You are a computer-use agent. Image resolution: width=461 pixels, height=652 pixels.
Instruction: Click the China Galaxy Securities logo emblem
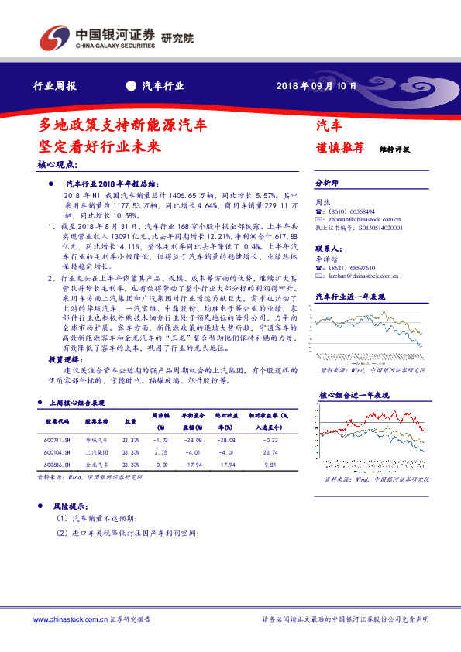pos(53,36)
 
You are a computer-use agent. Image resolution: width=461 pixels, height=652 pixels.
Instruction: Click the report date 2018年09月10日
pos(317,86)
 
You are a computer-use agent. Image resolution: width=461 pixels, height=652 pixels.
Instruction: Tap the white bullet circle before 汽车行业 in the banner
pos(130,86)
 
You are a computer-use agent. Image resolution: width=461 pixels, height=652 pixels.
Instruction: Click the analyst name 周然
pos(322,201)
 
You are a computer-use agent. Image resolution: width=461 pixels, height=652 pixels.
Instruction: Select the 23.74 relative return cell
pos(270,452)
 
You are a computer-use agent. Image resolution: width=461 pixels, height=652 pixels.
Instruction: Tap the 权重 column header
pos(131,422)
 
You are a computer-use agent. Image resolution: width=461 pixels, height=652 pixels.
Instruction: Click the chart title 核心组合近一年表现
pos(353,395)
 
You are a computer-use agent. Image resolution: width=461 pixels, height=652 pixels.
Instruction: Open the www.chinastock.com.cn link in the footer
pos(70,620)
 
